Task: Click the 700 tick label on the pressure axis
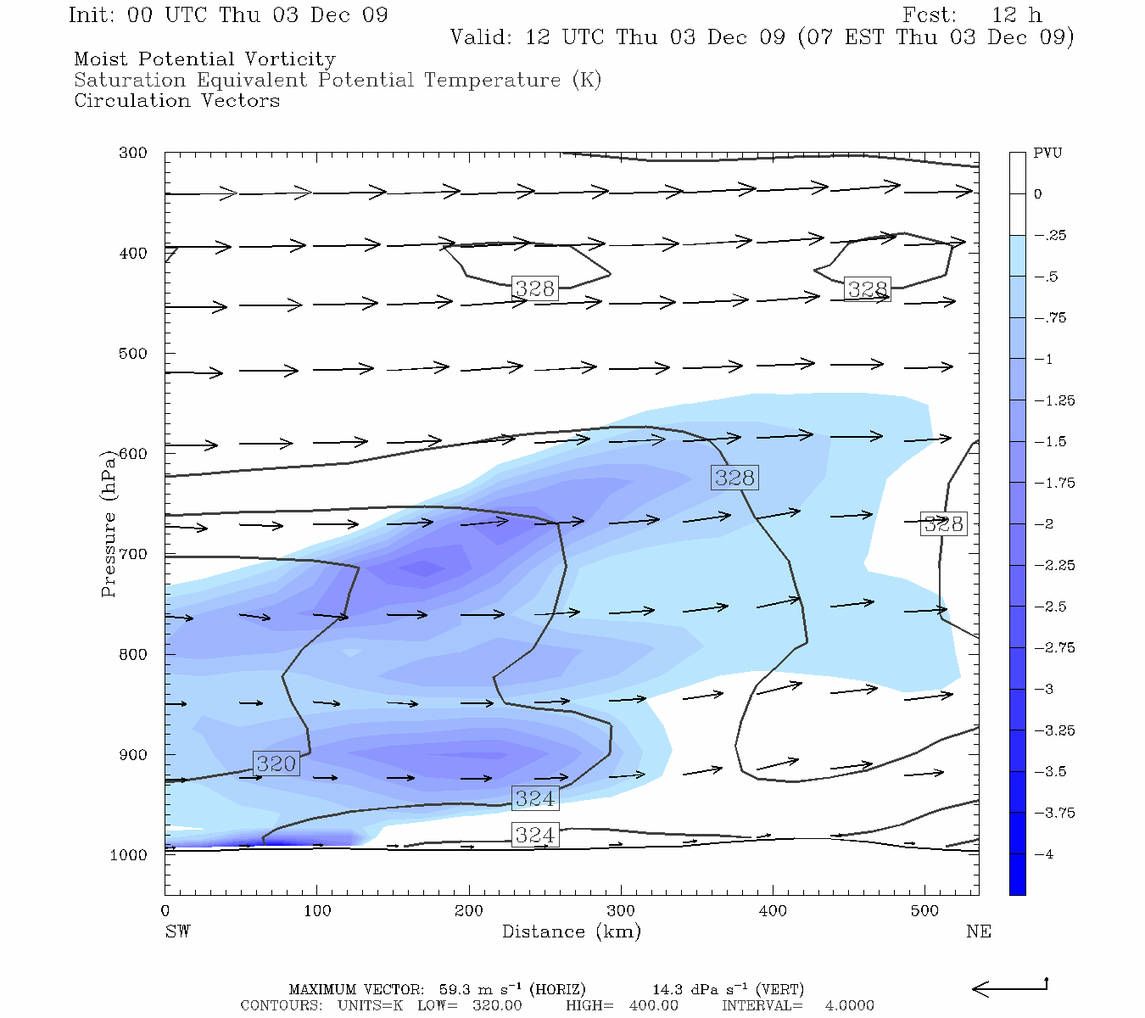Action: [132, 554]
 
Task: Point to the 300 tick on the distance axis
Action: [621, 911]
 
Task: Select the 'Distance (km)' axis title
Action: [571, 932]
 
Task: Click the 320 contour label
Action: [276, 763]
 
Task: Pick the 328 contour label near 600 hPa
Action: [734, 478]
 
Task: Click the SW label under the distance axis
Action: [177, 932]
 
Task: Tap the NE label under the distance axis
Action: [978, 932]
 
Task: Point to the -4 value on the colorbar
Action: [1044, 854]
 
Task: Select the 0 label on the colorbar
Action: [1038, 194]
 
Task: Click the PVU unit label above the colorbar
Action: [1047, 154]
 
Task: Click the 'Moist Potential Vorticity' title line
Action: [204, 59]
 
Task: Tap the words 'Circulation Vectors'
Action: [176, 101]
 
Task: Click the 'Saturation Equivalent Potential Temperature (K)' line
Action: [338, 81]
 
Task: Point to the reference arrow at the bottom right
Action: [1009, 987]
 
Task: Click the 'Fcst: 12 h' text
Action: [972, 15]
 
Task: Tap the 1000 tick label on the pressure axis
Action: [129, 855]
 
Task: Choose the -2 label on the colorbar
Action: [1044, 524]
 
